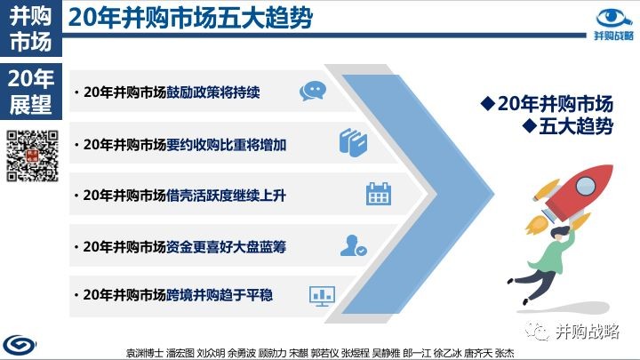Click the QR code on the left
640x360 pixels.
coord(32,156)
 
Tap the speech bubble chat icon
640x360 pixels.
coord(313,91)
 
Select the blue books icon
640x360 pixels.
coord(353,142)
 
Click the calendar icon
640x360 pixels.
coord(379,194)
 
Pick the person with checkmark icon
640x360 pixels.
coord(354,245)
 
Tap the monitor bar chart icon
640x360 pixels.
coord(322,296)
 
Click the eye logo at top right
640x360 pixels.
coord(614,19)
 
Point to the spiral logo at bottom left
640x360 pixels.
coord(20,345)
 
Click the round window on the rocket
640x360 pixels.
coord(586,186)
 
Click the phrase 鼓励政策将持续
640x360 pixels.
coord(213,92)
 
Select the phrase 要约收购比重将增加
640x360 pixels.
coord(226,145)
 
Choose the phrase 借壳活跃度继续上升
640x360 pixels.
coord(226,196)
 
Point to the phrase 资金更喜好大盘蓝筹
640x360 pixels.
coord(226,246)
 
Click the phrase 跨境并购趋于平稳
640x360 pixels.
coord(220,295)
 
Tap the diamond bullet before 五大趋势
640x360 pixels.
coord(530,125)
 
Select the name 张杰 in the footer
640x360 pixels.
coord(505,353)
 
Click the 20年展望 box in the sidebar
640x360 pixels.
coord(31,92)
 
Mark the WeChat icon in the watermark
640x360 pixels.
coord(537,331)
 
